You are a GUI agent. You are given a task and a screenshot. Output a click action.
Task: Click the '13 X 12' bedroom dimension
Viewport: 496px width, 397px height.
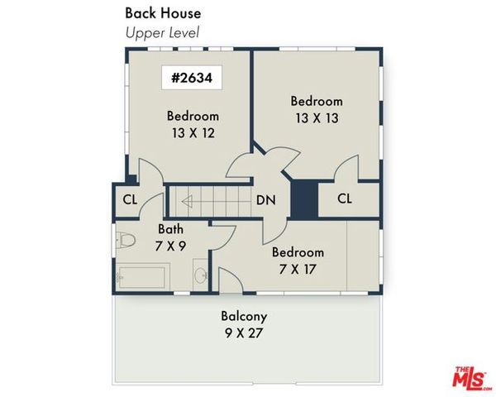point(192,132)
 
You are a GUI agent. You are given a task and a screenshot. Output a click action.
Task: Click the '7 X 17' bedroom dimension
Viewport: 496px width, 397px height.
point(298,270)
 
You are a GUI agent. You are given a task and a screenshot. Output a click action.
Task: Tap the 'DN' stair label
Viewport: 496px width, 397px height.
point(265,199)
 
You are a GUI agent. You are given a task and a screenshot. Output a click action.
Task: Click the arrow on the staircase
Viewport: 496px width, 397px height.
point(189,200)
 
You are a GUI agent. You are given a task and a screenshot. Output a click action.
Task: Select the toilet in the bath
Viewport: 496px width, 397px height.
point(126,242)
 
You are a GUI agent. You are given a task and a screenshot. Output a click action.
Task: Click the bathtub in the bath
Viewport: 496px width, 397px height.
point(143,275)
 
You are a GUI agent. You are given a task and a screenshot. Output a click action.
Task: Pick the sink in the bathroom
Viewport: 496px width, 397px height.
point(201,275)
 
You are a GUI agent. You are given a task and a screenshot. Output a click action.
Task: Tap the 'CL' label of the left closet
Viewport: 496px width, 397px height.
point(130,199)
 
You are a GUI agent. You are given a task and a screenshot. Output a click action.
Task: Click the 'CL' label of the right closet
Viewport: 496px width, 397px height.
point(345,199)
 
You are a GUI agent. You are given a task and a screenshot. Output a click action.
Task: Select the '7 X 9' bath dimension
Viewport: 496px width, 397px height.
point(171,245)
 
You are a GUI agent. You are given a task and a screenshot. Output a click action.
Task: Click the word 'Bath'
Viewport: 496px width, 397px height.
point(171,228)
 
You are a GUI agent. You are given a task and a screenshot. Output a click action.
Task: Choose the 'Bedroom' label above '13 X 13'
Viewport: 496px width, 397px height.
point(316,101)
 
